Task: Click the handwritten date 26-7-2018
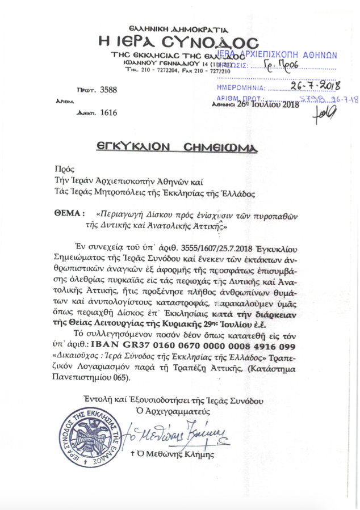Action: (x=313, y=86)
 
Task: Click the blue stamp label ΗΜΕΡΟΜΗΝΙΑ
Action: (x=241, y=88)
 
